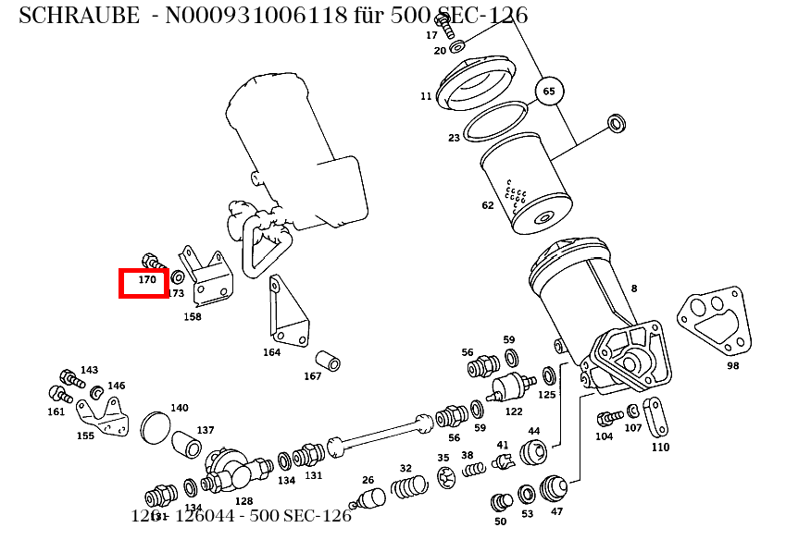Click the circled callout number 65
549,91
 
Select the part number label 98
732,365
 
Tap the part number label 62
488,205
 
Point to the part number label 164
271,352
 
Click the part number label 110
660,448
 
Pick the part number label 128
243,501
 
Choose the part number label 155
85,436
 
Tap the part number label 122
514,411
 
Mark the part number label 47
556,511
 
